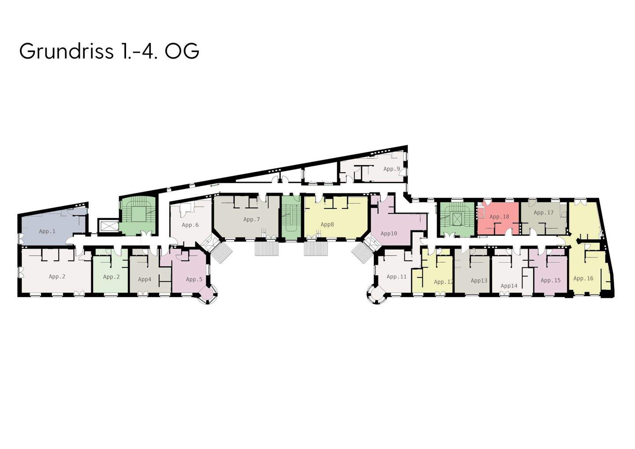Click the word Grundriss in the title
tap(66, 51)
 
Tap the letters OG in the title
tap(182, 51)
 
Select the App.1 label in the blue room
tap(47, 231)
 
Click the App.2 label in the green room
tap(111, 277)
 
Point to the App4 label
tap(145, 279)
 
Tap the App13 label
tap(479, 281)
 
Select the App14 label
tap(509, 286)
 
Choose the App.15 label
tap(550, 280)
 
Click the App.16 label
tap(583, 278)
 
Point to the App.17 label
tap(543, 212)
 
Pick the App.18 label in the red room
tap(499, 216)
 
